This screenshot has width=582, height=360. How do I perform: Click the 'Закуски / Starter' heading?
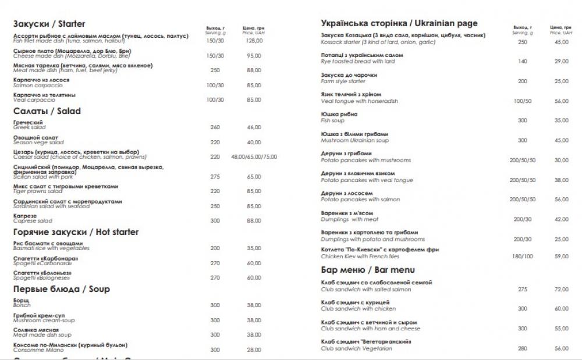click(49, 24)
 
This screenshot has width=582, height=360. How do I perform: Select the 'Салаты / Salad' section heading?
click(47, 111)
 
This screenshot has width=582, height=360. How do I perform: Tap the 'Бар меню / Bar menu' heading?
click(368, 270)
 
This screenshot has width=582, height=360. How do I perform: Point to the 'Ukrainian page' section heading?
click(399, 23)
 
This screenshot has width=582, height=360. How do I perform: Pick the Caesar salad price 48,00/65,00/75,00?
click(254, 156)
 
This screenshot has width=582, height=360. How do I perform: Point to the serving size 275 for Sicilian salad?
click(215, 176)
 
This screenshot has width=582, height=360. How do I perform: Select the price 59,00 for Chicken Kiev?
click(561, 256)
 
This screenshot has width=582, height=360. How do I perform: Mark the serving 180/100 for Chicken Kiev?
click(522, 256)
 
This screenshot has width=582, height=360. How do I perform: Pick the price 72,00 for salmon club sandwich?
click(561, 289)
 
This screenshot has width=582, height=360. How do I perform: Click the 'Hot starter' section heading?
click(76, 232)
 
